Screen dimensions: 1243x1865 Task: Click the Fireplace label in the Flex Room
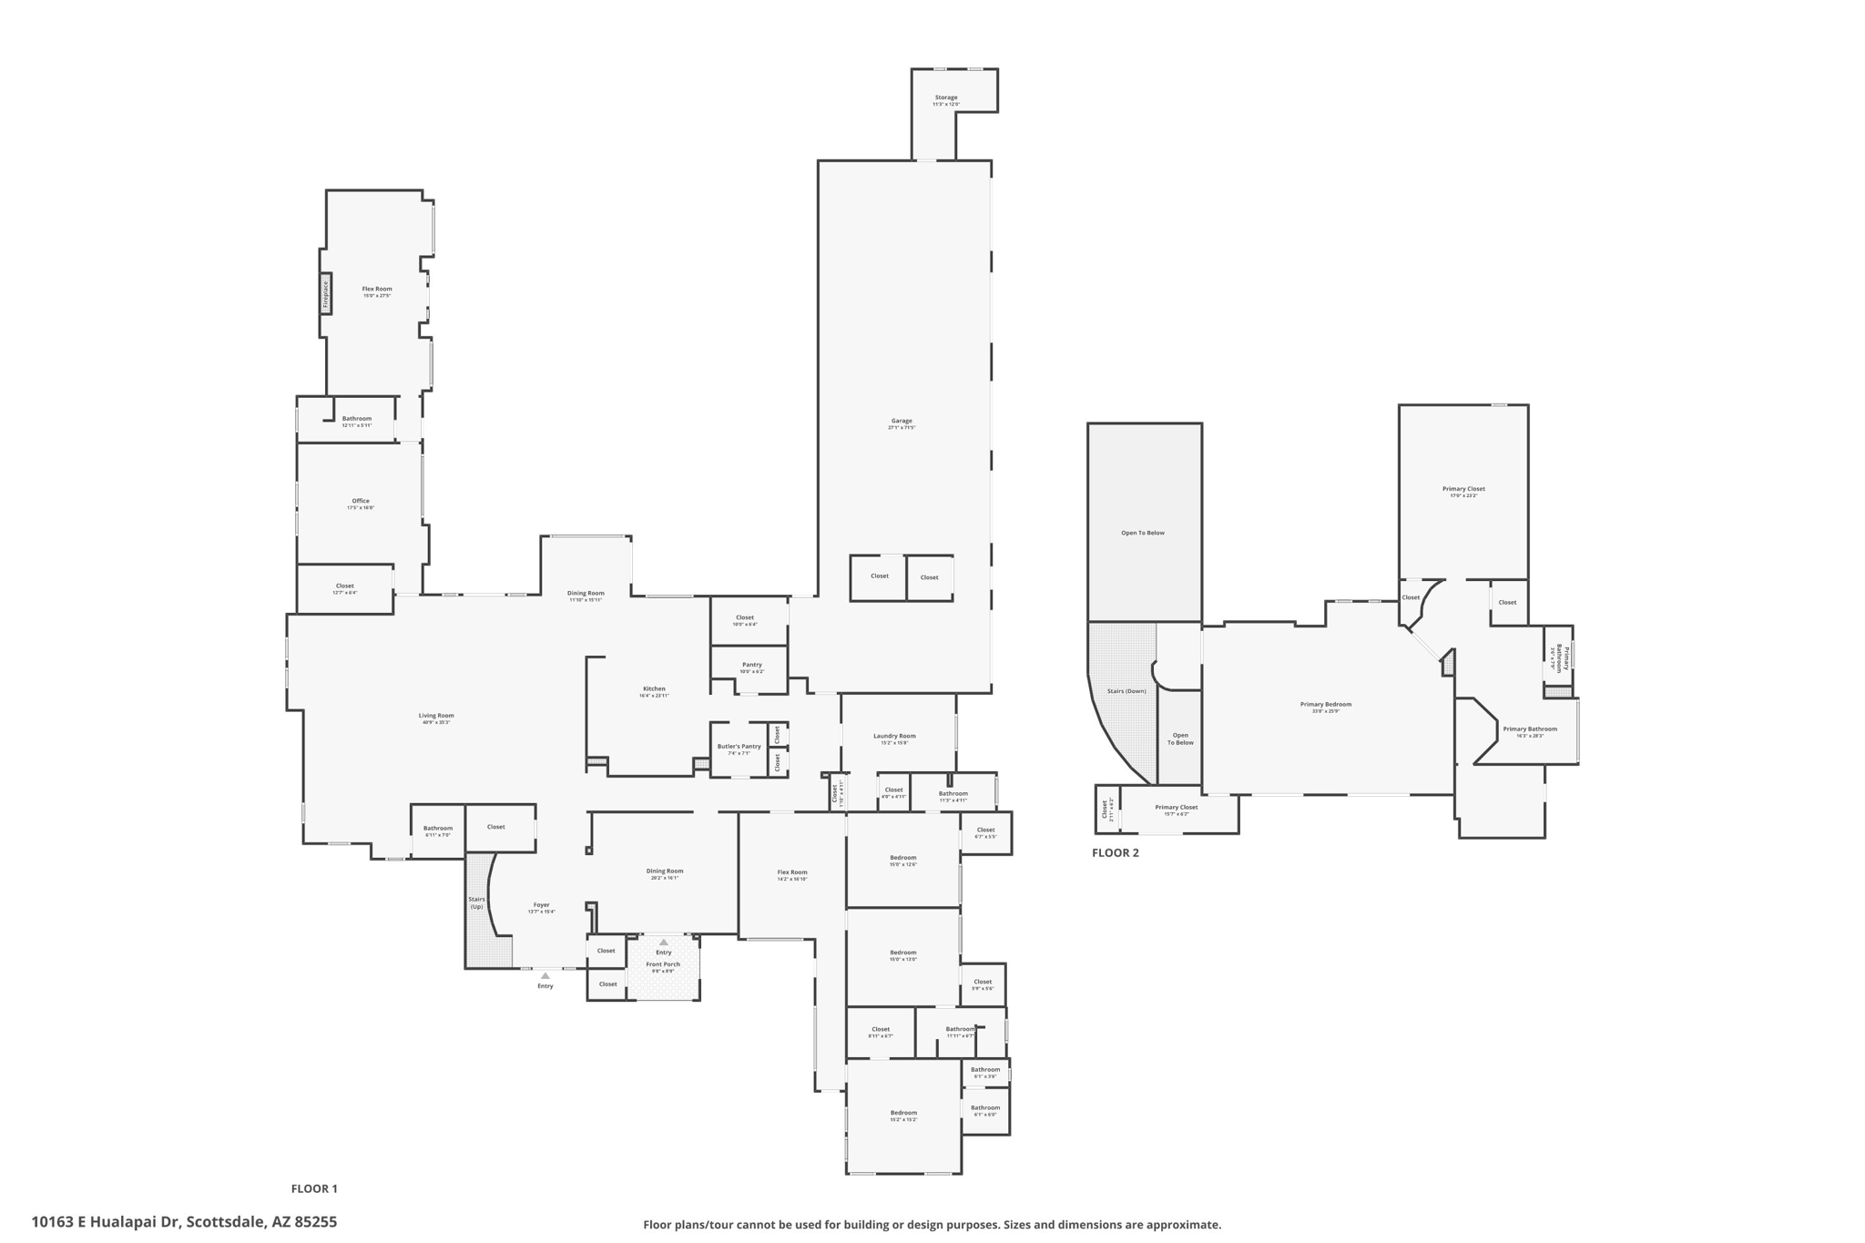(325, 293)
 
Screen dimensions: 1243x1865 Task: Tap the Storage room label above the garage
(946, 98)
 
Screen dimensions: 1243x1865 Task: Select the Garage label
(902, 422)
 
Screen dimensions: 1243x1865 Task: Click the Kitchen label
(654, 689)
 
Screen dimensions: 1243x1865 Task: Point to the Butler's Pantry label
(739, 747)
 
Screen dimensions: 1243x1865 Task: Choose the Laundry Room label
(894, 737)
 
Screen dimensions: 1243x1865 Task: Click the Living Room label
(436, 716)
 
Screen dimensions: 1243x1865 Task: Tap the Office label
(361, 502)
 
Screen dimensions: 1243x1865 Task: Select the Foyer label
(541, 906)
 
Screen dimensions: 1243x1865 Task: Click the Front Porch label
(663, 964)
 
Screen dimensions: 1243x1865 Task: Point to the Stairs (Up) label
(477, 902)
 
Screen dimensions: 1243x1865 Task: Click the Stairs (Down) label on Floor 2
(1126, 691)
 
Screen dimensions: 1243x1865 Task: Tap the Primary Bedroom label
(1325, 705)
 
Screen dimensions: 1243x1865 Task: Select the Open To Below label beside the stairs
(1180, 739)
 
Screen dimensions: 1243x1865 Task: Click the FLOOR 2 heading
(1115, 853)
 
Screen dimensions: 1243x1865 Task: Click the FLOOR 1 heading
(314, 1188)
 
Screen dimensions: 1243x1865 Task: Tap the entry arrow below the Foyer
(545, 976)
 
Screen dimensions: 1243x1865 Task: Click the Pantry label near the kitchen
(751, 665)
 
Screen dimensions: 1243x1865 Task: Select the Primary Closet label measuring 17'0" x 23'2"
(1463, 490)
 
